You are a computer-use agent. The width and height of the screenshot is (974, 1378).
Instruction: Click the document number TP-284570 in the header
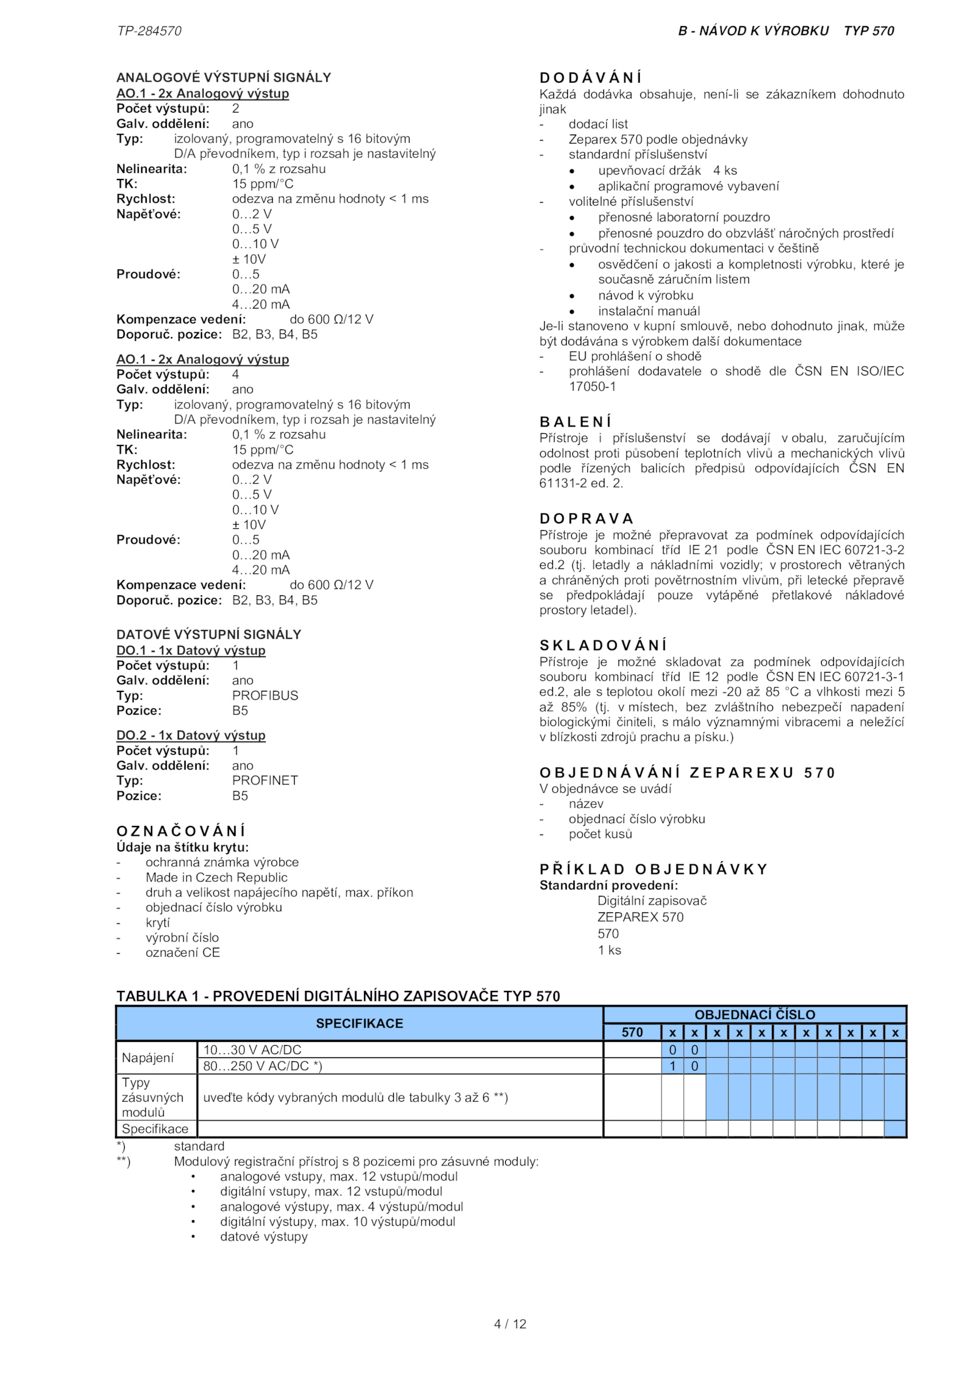pyautogui.click(x=149, y=31)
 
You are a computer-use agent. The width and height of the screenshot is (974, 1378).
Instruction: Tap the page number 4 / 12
pyautogui.click(x=510, y=1324)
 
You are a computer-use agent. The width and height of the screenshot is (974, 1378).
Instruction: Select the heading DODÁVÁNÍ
pyautogui.click(x=590, y=78)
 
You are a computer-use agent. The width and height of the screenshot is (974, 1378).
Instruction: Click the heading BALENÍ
pyautogui.click(x=575, y=422)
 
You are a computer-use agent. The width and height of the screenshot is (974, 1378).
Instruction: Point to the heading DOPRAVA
pyautogui.click(x=587, y=519)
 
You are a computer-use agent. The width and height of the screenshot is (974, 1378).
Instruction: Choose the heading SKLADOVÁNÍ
pyautogui.click(x=603, y=645)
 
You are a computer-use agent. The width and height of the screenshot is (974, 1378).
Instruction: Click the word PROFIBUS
pyautogui.click(x=265, y=696)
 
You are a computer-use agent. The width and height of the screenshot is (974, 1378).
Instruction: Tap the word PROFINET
pyautogui.click(x=265, y=780)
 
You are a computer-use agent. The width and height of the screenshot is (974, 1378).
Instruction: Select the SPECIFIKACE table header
pyautogui.click(x=359, y=1023)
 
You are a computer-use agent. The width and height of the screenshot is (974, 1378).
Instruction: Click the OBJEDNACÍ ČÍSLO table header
pyautogui.click(x=755, y=1015)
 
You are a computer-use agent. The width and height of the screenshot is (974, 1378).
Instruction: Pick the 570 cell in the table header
pyautogui.click(x=632, y=1032)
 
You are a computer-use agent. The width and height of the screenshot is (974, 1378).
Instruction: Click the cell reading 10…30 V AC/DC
pyautogui.click(x=252, y=1050)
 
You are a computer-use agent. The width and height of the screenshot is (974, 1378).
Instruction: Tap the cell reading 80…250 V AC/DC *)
pyautogui.click(x=262, y=1066)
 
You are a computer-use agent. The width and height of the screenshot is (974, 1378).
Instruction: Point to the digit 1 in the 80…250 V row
pyautogui.click(x=673, y=1066)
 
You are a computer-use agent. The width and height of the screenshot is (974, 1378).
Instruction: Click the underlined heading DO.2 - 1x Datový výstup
pyautogui.click(x=191, y=735)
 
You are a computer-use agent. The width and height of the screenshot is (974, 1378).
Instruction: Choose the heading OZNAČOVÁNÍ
pyautogui.click(x=181, y=831)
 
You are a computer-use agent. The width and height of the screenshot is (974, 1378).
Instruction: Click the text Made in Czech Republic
pyautogui.click(x=216, y=878)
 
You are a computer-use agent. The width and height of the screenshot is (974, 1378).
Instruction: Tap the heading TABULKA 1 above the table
pyautogui.click(x=338, y=996)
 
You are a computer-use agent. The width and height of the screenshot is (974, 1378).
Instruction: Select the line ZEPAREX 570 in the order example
pyautogui.click(x=640, y=917)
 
